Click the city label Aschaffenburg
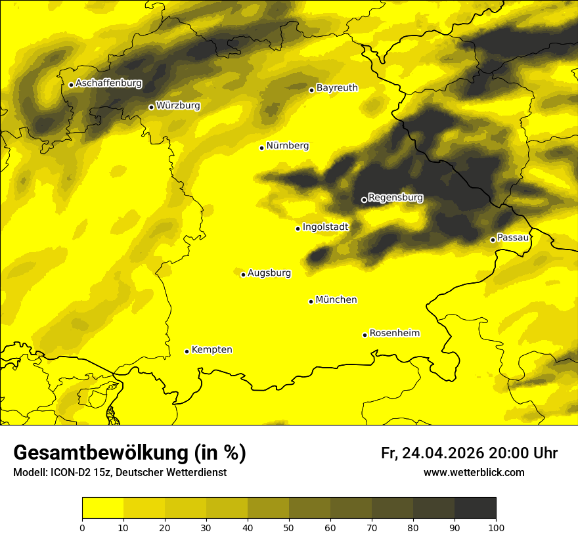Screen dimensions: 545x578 tap(108, 83)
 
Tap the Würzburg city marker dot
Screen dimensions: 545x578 tap(151, 107)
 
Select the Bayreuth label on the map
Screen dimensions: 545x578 tap(337, 88)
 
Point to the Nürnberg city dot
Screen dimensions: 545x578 tap(261, 148)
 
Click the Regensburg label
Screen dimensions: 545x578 tap(395, 198)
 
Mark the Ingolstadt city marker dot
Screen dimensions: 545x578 tap(298, 229)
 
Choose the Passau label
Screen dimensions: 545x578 tap(513, 238)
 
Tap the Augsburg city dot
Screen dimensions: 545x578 tap(243, 274)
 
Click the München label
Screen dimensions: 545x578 tap(336, 300)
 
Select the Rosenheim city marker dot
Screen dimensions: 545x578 tap(365, 335)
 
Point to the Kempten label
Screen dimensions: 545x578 tap(211, 350)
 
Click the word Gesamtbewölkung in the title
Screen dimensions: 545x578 tap(102, 453)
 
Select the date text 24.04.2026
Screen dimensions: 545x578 tap(443, 453)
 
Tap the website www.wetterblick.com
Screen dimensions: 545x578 tap(474, 472)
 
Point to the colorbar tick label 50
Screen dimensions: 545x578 tap(289, 527)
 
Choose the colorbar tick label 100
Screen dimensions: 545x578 tap(496, 527)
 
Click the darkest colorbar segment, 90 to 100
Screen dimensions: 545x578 tap(475, 508)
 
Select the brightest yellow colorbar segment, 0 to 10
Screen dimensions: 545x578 tap(102, 508)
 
